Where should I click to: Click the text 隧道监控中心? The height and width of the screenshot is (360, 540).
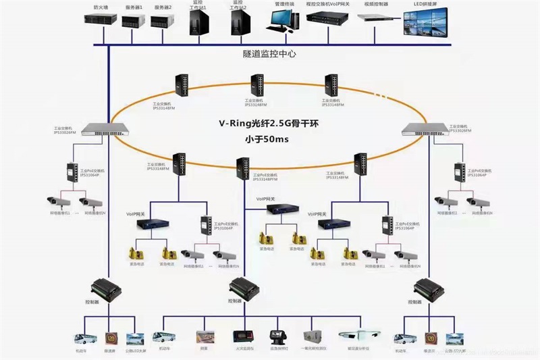(270, 53)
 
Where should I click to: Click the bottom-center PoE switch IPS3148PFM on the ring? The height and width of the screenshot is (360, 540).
(244, 166)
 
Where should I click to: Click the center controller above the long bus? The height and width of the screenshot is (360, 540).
(244, 287)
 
